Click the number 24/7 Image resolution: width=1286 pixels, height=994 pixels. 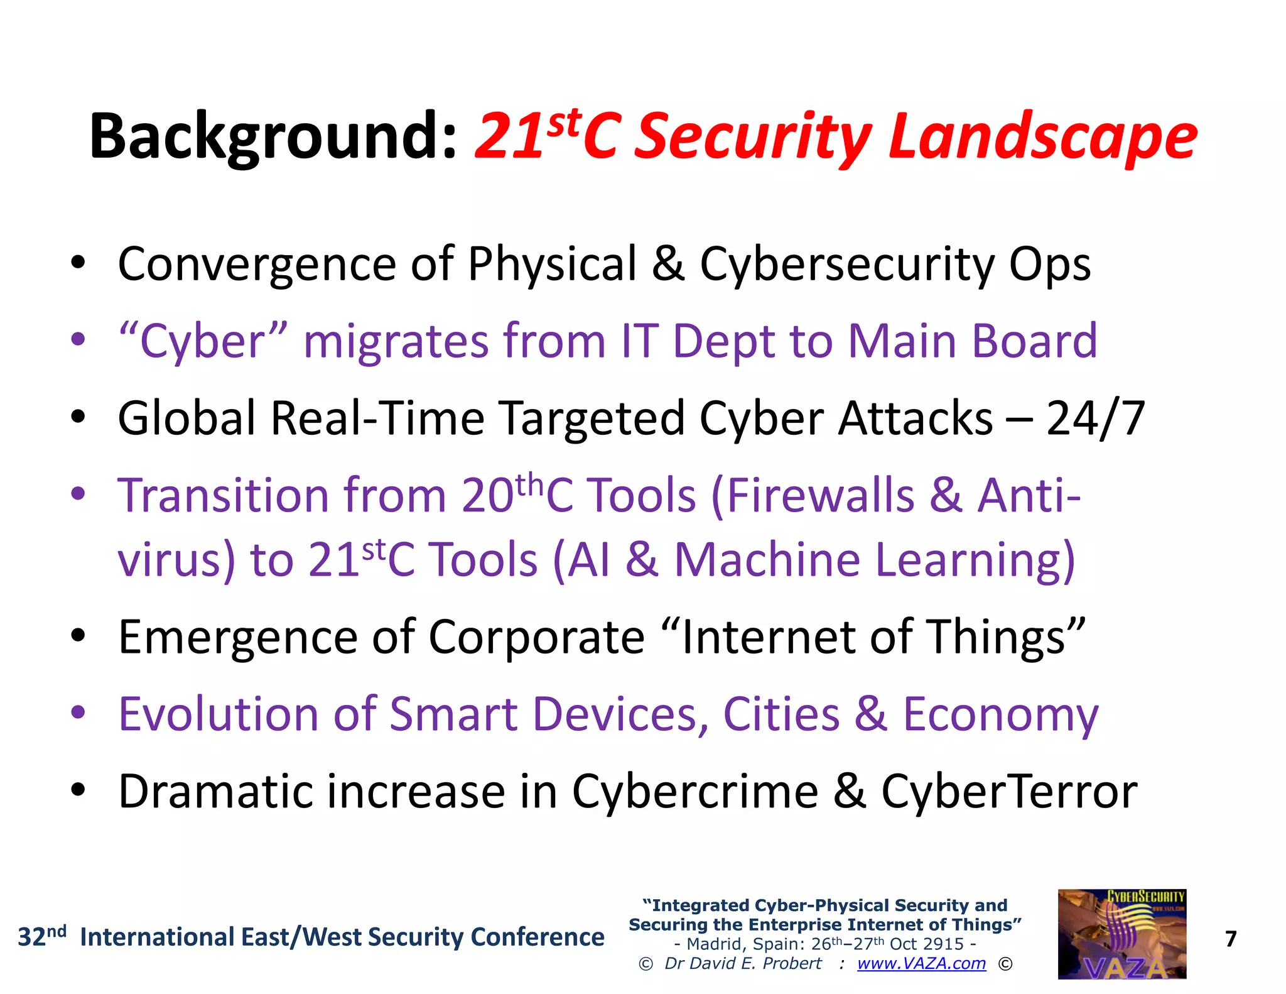(x=1096, y=418)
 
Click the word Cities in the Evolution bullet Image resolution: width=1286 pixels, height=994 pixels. (x=781, y=714)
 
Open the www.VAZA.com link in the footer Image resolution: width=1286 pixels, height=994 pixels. (x=921, y=963)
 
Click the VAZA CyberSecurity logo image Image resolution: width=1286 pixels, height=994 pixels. (x=1121, y=934)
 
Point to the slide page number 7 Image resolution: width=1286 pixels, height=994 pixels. (x=1231, y=939)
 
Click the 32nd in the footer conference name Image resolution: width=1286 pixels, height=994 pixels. (x=41, y=936)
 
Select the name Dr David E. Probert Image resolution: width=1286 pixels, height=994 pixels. (x=743, y=963)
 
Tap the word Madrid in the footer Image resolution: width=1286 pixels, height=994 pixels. (x=713, y=944)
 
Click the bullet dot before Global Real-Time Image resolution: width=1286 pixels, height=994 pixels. (x=78, y=417)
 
